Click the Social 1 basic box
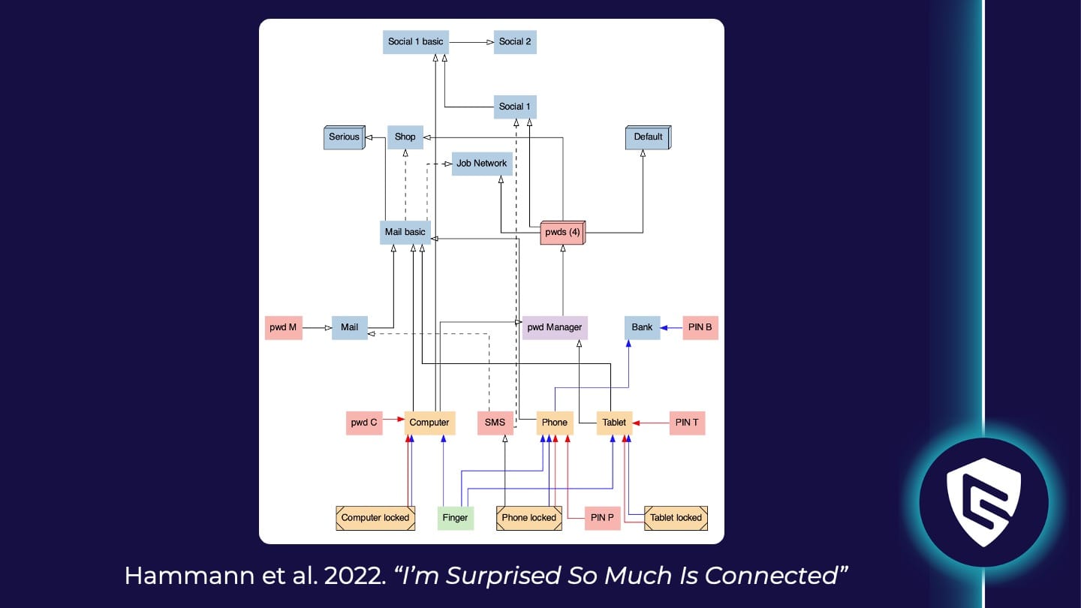click(x=415, y=41)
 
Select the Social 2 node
click(x=515, y=41)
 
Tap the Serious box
click(x=345, y=137)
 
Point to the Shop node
click(x=405, y=137)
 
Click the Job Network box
click(x=482, y=164)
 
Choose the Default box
click(x=648, y=137)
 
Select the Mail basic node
click(x=405, y=232)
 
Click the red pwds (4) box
click(x=562, y=233)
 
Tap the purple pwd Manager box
click(x=555, y=327)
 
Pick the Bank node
click(x=642, y=327)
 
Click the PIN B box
click(x=700, y=327)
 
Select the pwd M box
click(x=283, y=327)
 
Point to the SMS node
click(x=495, y=423)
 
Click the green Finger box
click(x=456, y=518)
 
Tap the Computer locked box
click(x=375, y=518)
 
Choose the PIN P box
click(x=603, y=518)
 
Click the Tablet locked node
click(x=676, y=518)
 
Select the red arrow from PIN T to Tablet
click(x=651, y=423)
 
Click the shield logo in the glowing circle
click(x=983, y=502)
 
